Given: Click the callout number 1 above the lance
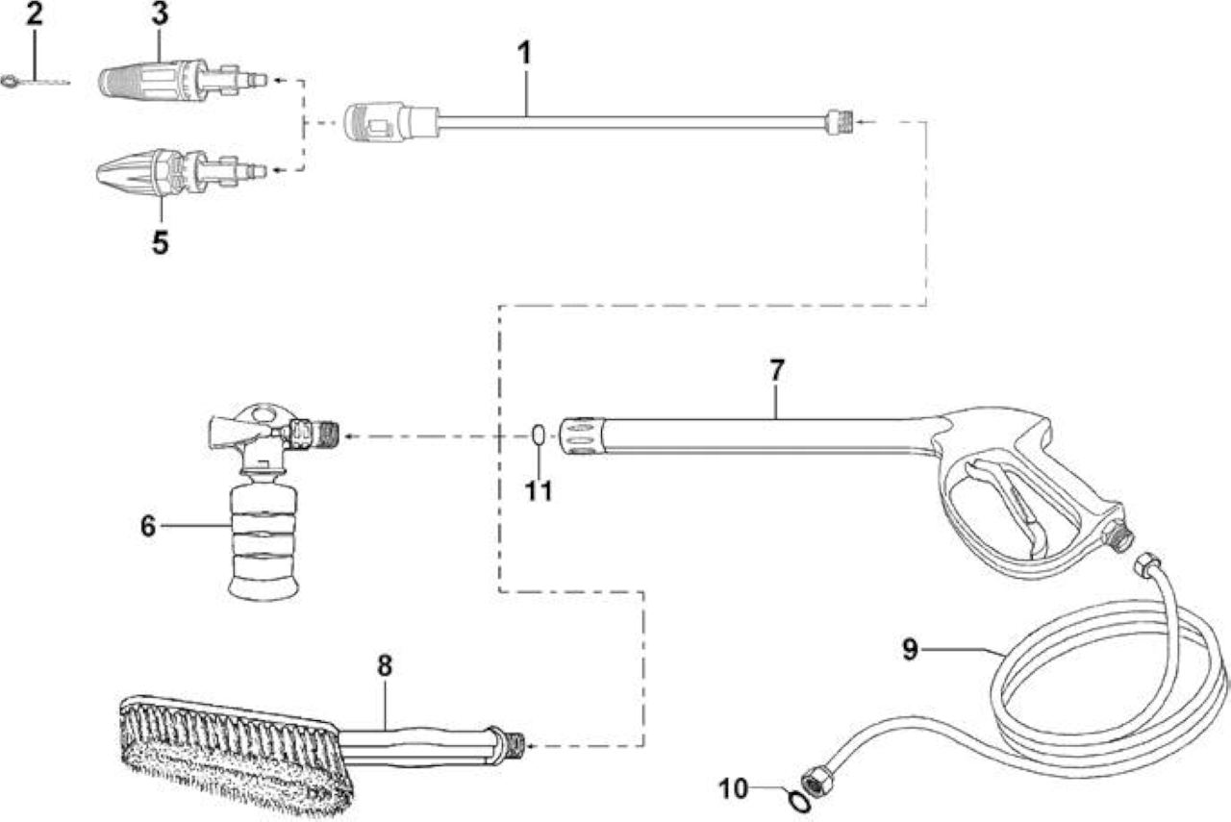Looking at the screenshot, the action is pos(525,54).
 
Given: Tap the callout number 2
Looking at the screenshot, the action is pos(34,13).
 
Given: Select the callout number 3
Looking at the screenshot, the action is pos(160,13).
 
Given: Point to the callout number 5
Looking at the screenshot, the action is pos(160,242).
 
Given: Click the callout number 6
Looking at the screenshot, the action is pos(148,526).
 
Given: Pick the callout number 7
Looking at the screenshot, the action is pos(776,371).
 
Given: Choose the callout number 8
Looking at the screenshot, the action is pos(385,666).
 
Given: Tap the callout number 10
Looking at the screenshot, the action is pos(734,789).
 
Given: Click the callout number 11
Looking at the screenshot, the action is pos(539,490).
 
